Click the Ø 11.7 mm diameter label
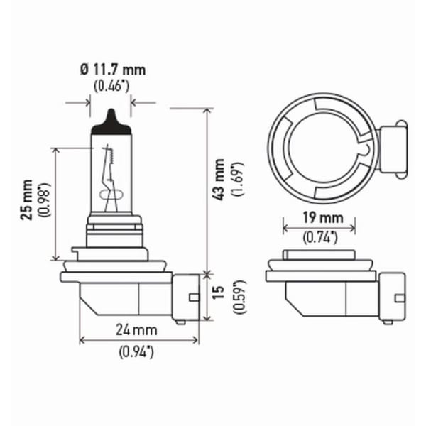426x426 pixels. coord(113,70)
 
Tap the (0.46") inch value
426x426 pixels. coord(111,87)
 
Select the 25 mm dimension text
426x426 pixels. coord(27,200)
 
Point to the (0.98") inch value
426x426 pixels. coord(45,200)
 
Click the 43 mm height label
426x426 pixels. coord(219,180)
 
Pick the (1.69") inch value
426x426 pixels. coord(238,180)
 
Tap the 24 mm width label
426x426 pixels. coord(136,330)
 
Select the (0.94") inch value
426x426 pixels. coord(136,352)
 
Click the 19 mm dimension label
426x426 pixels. coord(323,218)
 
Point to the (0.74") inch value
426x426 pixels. coord(320,238)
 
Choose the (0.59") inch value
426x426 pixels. coord(240,297)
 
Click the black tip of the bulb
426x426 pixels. coord(111,121)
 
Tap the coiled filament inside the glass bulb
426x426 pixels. coord(110,155)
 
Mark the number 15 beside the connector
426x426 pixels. coord(218,292)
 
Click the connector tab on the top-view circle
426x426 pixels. coord(393,149)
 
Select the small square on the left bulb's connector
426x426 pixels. coord(194,297)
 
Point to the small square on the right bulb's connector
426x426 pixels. coord(400,298)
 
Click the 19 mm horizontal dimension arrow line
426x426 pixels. coord(319,228)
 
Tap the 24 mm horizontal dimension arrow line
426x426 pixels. coord(139,340)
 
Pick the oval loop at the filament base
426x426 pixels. coord(111,195)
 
